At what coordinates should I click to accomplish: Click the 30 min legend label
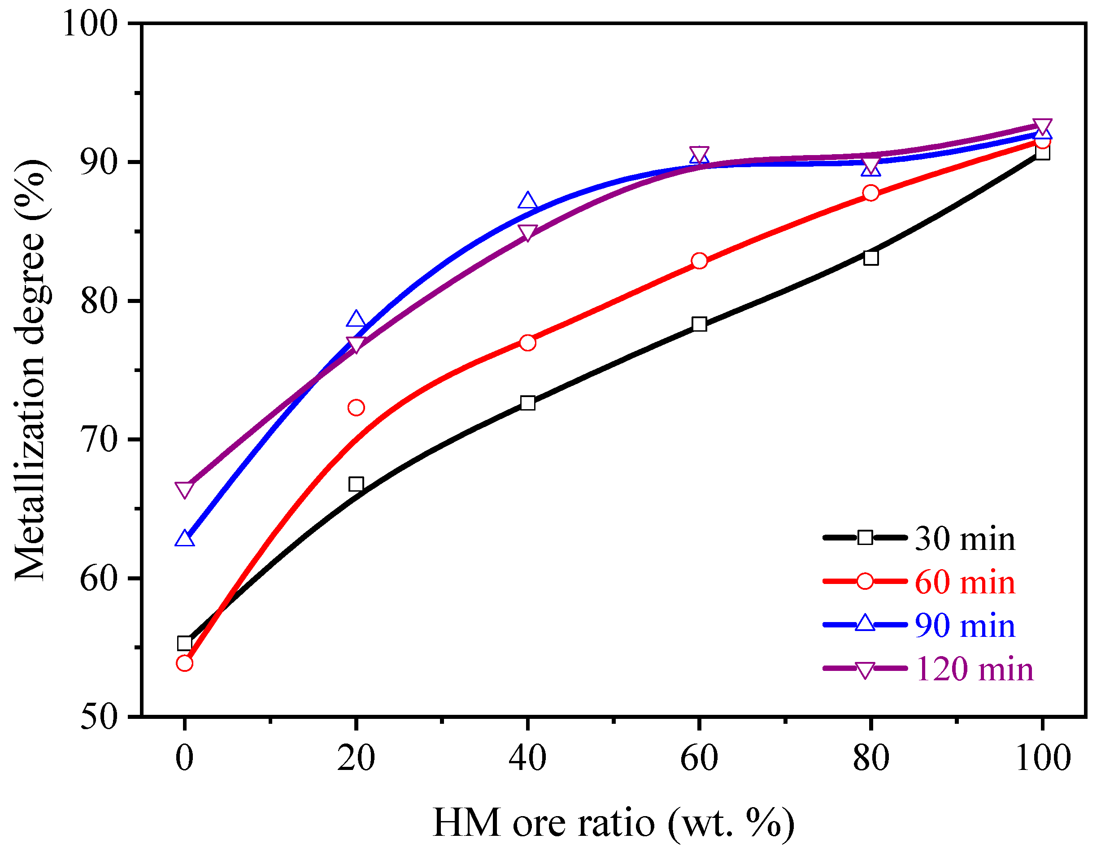tap(964, 539)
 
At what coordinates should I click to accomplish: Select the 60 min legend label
tap(964, 583)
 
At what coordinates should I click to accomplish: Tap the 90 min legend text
tap(964, 626)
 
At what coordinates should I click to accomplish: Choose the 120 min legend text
tap(974, 670)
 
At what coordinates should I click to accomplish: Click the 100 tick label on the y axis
tap(90, 24)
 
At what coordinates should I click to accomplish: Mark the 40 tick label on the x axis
tap(527, 758)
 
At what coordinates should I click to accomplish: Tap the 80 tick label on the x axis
tap(870, 758)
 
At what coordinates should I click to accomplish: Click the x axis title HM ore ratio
tap(613, 823)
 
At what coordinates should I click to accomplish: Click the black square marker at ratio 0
tap(184, 644)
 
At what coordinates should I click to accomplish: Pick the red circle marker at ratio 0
tap(184, 663)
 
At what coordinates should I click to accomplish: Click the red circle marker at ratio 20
tap(356, 407)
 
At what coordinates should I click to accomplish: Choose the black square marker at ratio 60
tap(699, 324)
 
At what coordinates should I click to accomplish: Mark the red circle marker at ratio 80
tap(870, 193)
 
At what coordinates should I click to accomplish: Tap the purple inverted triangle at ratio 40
tap(527, 232)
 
